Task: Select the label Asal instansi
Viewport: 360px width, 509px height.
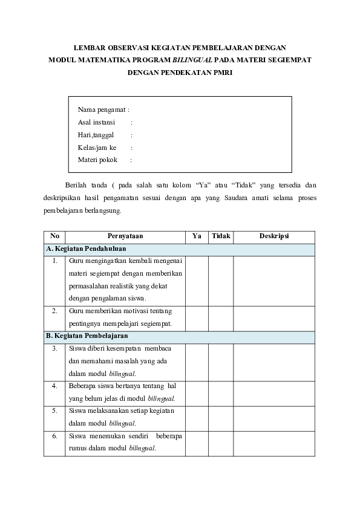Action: tap(96, 122)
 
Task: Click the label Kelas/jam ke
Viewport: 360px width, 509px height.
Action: tap(97, 148)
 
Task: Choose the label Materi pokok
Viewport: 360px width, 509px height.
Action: tap(97, 160)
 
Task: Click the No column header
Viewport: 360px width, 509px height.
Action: tap(54, 236)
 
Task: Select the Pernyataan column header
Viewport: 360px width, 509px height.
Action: tap(125, 236)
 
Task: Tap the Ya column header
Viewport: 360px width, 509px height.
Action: tap(197, 236)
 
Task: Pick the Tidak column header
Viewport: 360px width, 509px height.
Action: tap(221, 236)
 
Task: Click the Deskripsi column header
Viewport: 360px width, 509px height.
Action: tap(274, 236)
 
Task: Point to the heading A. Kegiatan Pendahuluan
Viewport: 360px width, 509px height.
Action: tap(85, 249)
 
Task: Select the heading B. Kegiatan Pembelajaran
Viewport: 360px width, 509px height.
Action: tap(87, 336)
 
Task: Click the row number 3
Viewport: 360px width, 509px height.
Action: tap(54, 349)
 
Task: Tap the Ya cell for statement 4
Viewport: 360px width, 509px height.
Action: tap(197, 393)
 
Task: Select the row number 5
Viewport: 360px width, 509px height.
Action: tap(54, 411)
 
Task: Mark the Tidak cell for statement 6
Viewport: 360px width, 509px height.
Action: tap(221, 443)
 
